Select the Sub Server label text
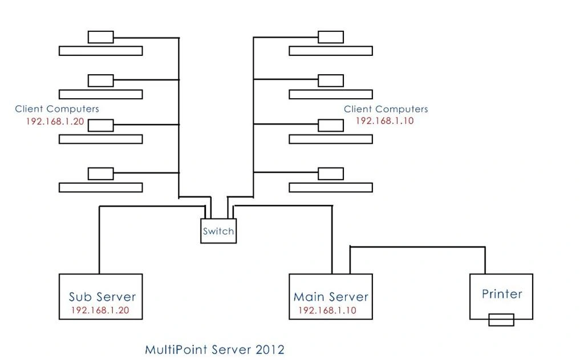pyautogui.click(x=103, y=297)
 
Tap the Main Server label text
pyautogui.click(x=331, y=297)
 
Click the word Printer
pyautogui.click(x=502, y=294)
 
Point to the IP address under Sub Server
pyautogui.click(x=100, y=310)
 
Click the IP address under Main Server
pyautogui.click(x=327, y=310)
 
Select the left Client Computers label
pyautogui.click(x=57, y=109)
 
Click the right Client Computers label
pyautogui.click(x=386, y=109)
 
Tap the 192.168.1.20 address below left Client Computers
pyautogui.click(x=55, y=121)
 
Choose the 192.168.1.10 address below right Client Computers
pyautogui.click(x=385, y=121)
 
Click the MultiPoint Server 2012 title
pyautogui.click(x=214, y=350)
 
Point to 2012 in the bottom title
pyautogui.click(x=270, y=350)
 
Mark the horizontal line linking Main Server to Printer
pyautogui.click(x=417, y=246)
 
